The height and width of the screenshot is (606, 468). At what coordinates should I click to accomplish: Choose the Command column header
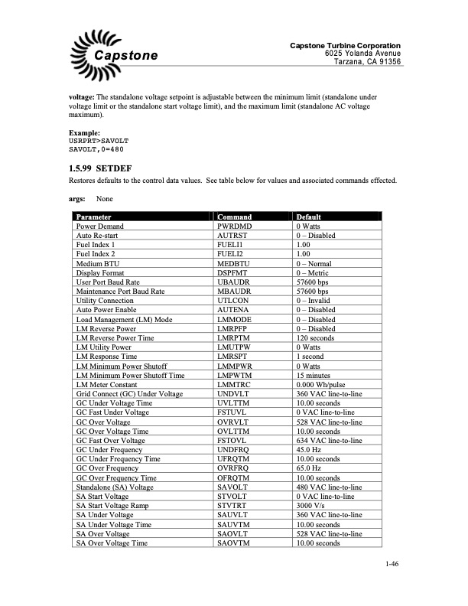236,217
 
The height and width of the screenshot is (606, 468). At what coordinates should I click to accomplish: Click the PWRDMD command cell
234,226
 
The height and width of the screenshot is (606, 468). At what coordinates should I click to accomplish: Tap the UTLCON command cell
233,300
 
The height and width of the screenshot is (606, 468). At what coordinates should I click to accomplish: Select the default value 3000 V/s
312,506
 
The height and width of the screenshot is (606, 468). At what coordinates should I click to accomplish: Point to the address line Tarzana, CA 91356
367,61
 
